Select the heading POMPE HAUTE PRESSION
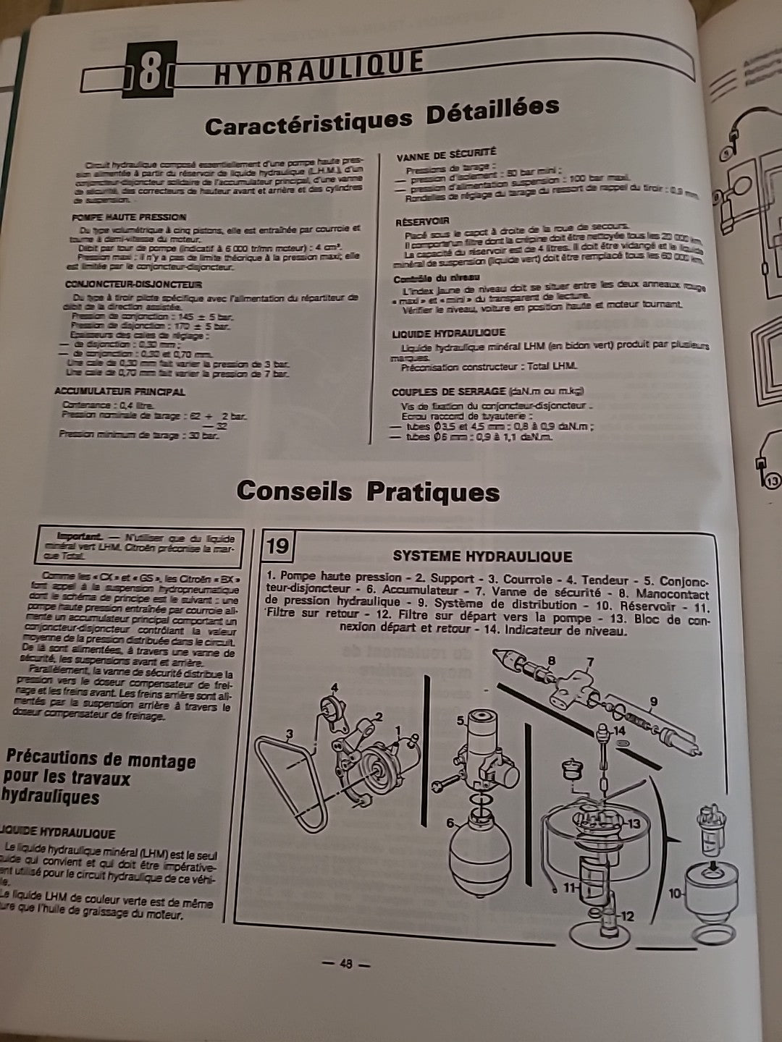pos(129,217)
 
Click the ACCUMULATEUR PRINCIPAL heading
pos(119,391)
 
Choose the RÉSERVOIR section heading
pos(422,221)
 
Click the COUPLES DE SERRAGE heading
pos(438,391)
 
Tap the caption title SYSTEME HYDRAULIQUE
pos(482,556)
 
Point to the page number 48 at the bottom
pos(345,964)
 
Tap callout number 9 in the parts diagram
pos(654,700)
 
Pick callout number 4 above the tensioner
pos(335,687)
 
